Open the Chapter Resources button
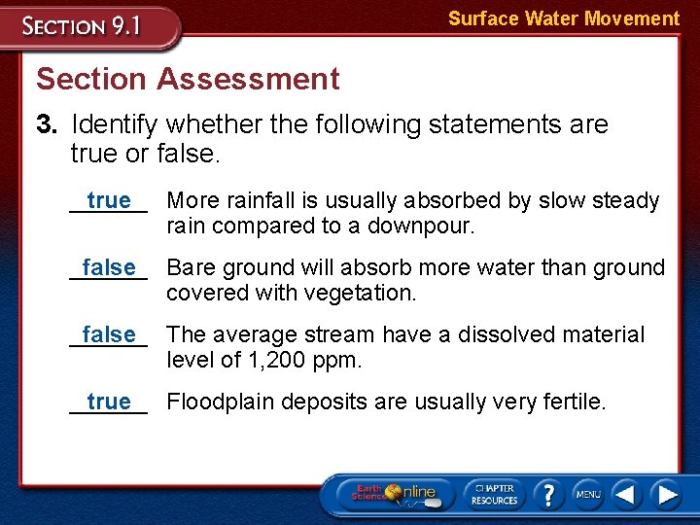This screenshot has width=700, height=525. click(x=494, y=494)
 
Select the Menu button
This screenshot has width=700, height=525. click(x=587, y=495)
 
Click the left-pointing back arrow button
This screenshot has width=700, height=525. click(x=627, y=495)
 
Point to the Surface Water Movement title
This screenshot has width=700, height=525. click(x=563, y=18)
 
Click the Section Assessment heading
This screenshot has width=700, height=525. click(x=188, y=79)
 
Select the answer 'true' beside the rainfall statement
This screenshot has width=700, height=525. click(x=108, y=200)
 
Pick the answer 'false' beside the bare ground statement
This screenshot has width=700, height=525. click(x=108, y=267)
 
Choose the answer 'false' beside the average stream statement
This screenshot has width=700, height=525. click(x=108, y=334)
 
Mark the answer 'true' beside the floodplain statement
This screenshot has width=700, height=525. click(x=108, y=402)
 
